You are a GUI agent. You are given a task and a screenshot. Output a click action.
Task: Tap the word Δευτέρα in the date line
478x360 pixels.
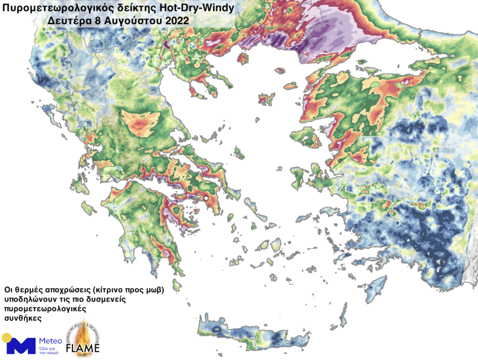pos(65,21)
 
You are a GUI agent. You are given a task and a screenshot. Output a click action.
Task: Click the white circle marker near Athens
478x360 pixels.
pos(206,199)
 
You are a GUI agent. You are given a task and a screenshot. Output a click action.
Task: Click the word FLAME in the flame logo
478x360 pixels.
pos(83,348)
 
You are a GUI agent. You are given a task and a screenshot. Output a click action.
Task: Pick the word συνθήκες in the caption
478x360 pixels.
pos(22,318)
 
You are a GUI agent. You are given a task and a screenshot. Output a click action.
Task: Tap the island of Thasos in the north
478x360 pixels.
pos(242,59)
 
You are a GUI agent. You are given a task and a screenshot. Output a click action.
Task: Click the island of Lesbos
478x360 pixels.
pos(309,138)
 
